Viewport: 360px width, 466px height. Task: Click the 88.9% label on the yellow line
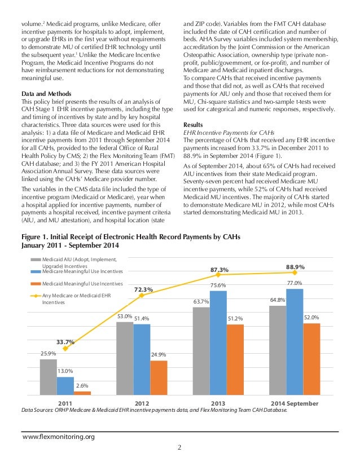click(x=296, y=267)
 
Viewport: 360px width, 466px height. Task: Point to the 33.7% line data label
click(x=65, y=341)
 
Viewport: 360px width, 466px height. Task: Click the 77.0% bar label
click(x=294, y=283)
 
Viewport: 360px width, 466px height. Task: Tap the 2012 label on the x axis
click(x=142, y=404)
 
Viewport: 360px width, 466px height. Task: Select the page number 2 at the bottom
click(x=179, y=449)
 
